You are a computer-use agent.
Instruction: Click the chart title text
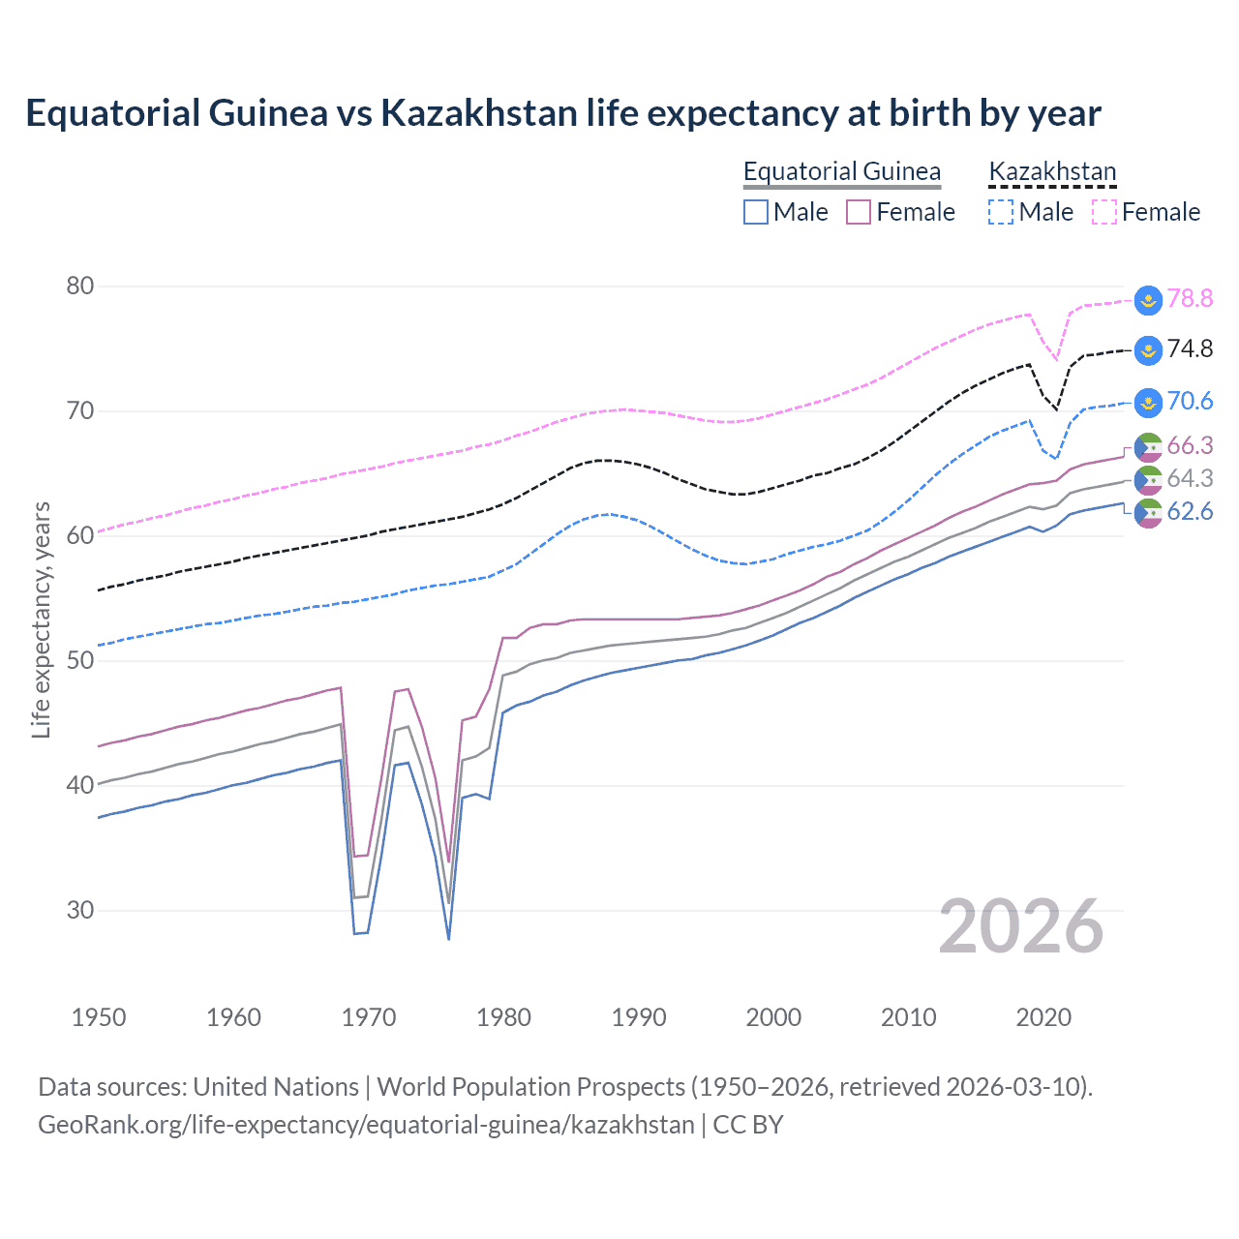[x=562, y=113]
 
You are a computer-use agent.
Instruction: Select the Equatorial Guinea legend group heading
[x=841, y=171]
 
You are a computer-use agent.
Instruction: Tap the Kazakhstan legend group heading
[x=1052, y=171]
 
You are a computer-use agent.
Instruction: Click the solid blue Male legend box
[x=756, y=212]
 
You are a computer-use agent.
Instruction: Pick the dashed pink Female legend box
[x=1104, y=212]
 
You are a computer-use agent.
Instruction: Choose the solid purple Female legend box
[x=859, y=212]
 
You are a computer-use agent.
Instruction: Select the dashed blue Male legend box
[x=1001, y=212]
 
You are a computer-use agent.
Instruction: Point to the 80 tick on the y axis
[x=80, y=286]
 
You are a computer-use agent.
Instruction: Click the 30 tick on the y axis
[x=80, y=910]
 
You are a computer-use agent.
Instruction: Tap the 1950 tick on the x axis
[x=99, y=1017]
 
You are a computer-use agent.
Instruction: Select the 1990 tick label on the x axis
[x=639, y=1017]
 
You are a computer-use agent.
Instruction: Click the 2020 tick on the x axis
[x=1043, y=1017]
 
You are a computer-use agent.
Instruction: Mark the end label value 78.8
[x=1190, y=298]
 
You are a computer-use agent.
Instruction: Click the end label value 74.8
[x=1190, y=348]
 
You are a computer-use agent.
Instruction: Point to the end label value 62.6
[x=1190, y=511]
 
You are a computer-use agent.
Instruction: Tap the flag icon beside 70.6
[x=1148, y=402]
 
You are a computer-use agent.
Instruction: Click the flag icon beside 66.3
[x=1148, y=446]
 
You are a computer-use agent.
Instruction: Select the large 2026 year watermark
[x=1020, y=926]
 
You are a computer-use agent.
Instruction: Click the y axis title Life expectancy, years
[x=41, y=619]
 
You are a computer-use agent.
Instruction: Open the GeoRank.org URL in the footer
[x=366, y=1125]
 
